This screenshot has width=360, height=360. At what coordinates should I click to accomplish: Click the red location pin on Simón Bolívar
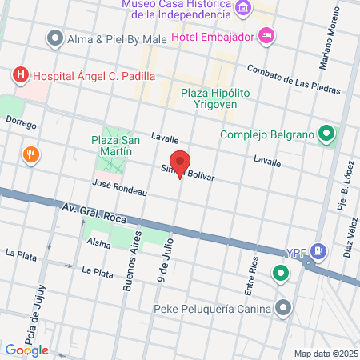pyautogui.click(x=181, y=164)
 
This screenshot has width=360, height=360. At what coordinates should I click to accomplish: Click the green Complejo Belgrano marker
pyautogui.click(x=326, y=134)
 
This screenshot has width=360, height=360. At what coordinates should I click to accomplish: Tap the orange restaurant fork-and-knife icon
pyautogui.click(x=31, y=154)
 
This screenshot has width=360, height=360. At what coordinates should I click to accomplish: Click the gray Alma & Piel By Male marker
pyautogui.click(x=55, y=38)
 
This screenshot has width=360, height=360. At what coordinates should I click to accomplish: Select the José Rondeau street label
pyautogui.click(x=120, y=186)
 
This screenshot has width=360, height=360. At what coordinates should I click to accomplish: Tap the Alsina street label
pyautogui.click(x=98, y=242)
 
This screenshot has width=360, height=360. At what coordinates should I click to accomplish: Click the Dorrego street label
pyautogui.click(x=21, y=122)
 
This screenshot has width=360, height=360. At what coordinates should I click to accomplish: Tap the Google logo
pyautogui.click(x=27, y=350)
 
